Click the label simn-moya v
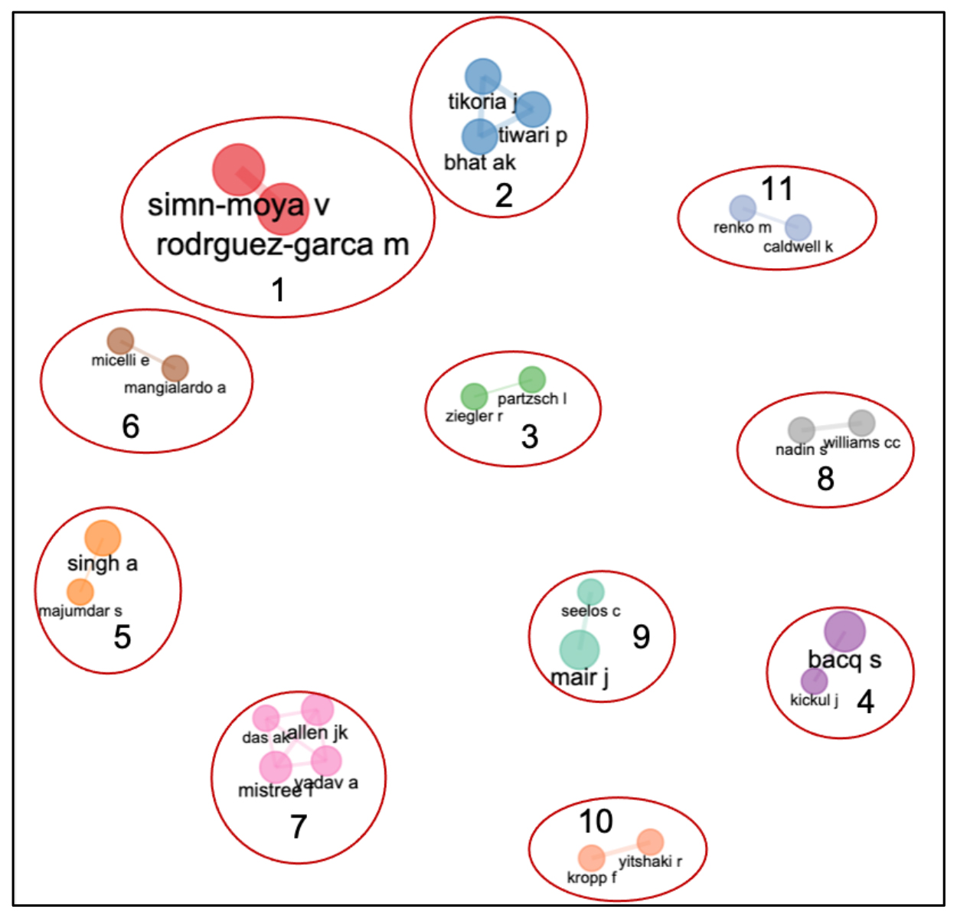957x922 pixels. pos(238,205)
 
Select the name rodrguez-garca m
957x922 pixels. pos(283,245)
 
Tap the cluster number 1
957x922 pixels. pos(279,290)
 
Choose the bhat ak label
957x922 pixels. pos(480,162)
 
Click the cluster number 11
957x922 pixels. pos(777,189)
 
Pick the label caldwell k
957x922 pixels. pos(798,247)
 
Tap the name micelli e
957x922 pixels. pos(120,360)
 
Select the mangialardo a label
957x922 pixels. pos(175,387)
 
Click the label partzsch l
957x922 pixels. pos(532,399)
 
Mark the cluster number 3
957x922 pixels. pos(530,436)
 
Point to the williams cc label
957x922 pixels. pos(862,443)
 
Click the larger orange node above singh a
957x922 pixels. pos(103,538)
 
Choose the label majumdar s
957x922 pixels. pos(80,611)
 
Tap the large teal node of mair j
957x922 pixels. pos(579,650)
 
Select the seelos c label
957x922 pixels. pos(590,611)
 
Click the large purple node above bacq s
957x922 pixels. pos(844,632)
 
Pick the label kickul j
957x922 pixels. pos(814,700)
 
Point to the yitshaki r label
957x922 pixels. pos(650,862)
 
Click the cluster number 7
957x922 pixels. pos(299,826)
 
